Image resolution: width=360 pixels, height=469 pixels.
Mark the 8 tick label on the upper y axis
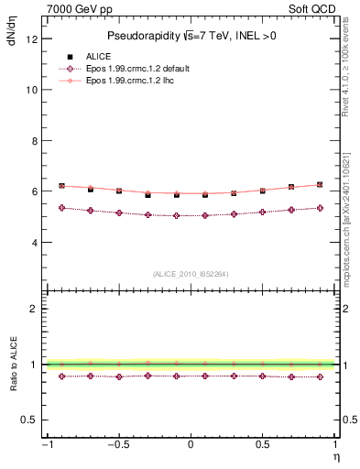click(34, 141)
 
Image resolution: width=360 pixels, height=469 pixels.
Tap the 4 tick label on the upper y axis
click(34, 243)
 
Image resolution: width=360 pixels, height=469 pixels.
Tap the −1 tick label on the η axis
click(46, 444)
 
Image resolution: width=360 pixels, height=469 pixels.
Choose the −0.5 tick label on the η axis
click(117, 444)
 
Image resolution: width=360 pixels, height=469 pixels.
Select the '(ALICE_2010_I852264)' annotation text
click(191, 274)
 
